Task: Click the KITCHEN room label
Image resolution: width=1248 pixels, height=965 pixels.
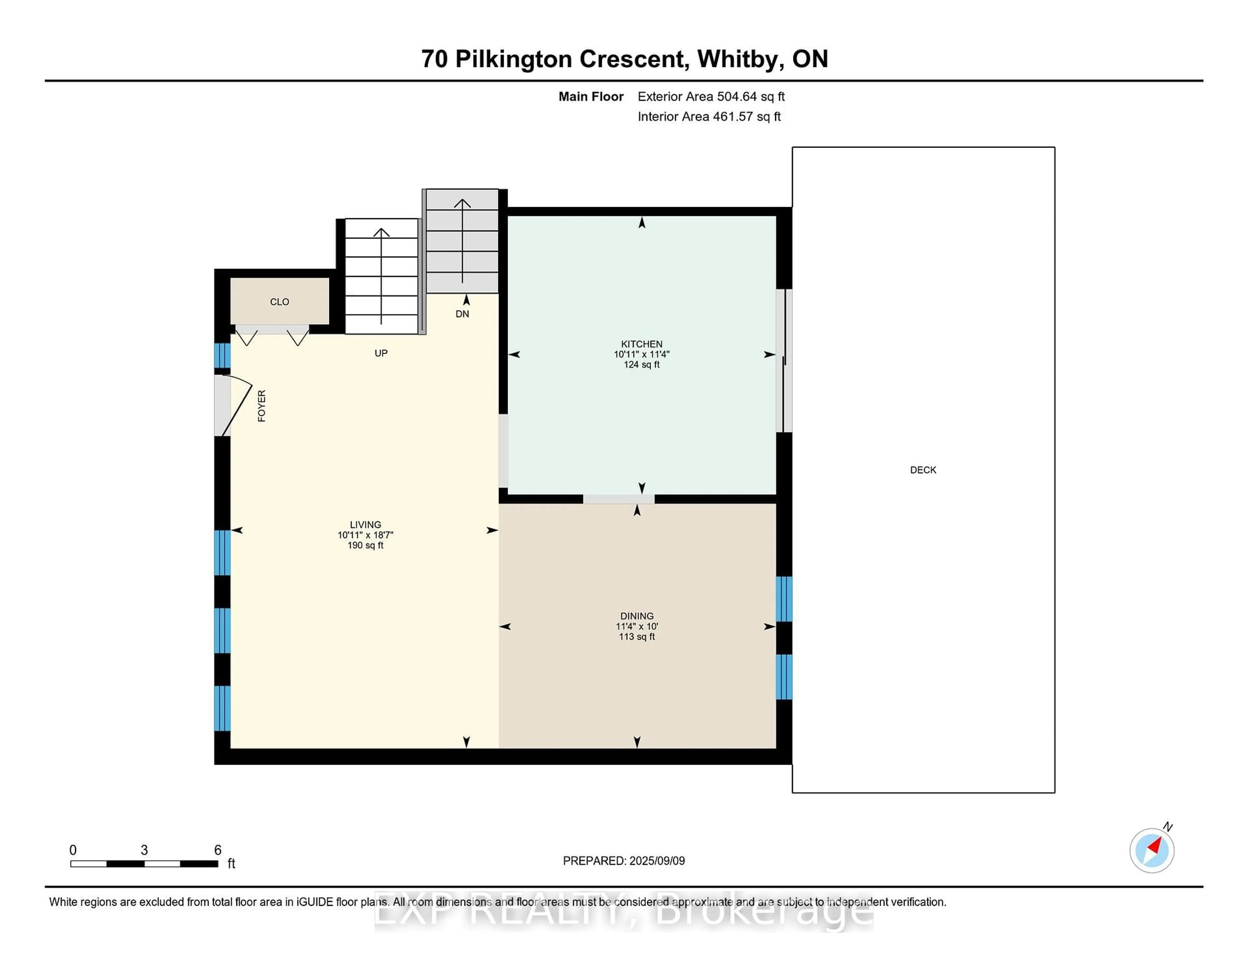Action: pyautogui.click(x=642, y=344)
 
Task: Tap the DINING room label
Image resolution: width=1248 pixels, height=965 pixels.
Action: pyautogui.click(x=637, y=616)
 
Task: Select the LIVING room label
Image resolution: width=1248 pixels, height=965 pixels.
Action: pyautogui.click(x=365, y=525)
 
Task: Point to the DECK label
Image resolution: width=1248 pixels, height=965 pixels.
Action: pyautogui.click(x=923, y=470)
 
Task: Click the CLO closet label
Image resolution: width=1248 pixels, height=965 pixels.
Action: pyautogui.click(x=279, y=302)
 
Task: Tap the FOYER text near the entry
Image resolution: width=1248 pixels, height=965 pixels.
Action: pyautogui.click(x=262, y=406)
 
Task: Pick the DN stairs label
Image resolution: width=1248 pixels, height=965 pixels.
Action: pyautogui.click(x=462, y=314)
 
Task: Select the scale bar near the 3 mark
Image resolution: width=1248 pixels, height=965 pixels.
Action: pyautogui.click(x=144, y=863)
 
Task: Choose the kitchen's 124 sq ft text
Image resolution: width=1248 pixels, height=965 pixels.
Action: pyautogui.click(x=642, y=365)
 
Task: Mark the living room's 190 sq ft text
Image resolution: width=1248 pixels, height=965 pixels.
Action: pyautogui.click(x=365, y=545)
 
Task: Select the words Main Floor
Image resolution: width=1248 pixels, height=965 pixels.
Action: pyautogui.click(x=591, y=97)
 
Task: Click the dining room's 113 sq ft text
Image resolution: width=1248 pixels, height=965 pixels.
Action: pyautogui.click(x=637, y=637)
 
